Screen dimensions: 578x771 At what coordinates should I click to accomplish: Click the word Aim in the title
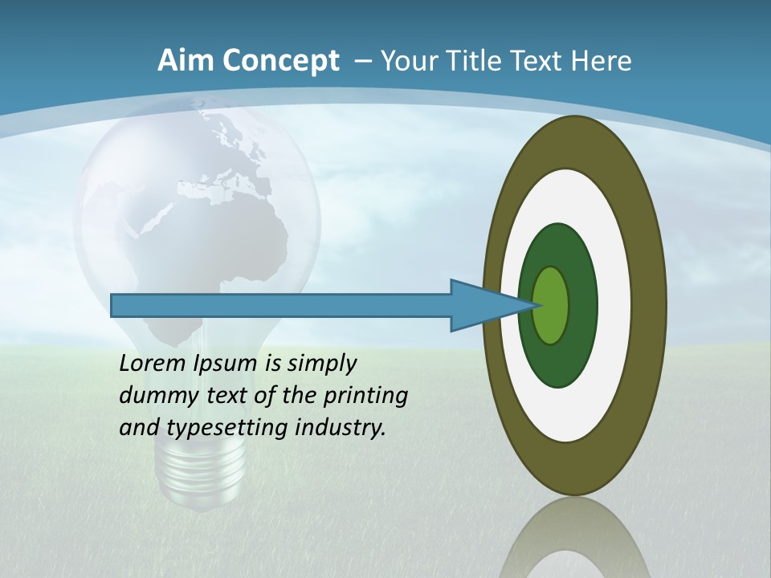pyautogui.click(x=186, y=61)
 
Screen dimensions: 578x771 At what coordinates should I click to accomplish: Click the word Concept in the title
pyautogui.click(x=280, y=61)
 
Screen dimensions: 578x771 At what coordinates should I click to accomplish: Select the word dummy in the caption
pyautogui.click(x=153, y=396)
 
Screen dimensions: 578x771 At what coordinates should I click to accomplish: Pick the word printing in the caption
pyautogui.click(x=366, y=397)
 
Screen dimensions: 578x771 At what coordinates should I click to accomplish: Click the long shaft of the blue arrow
pyautogui.click(x=281, y=306)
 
